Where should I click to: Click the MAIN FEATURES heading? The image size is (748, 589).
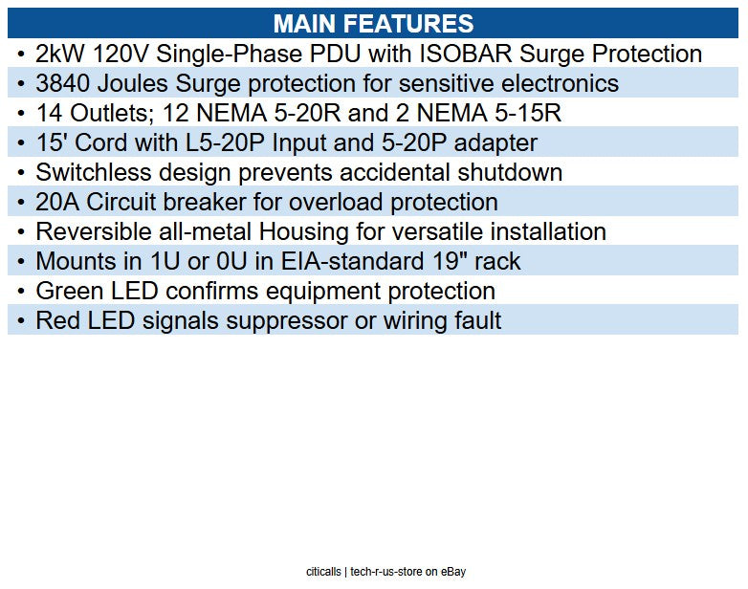373,24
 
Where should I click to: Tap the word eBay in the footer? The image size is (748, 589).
453,572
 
